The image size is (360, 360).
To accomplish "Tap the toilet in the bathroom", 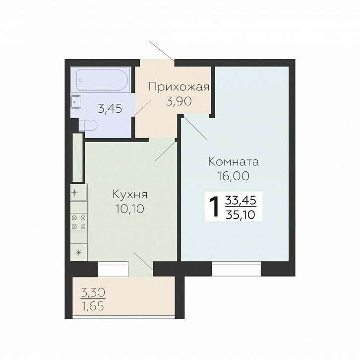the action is pos(88,125).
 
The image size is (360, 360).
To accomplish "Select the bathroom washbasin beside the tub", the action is pos(76,102).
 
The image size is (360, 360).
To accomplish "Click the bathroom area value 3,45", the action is pos(110,109).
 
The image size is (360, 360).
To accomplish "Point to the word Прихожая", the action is pos(179,87).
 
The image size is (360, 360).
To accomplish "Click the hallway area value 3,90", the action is pos(179,101).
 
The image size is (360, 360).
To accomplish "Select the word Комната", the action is pos(234,161).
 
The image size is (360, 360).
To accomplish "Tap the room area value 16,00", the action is pos(233,176).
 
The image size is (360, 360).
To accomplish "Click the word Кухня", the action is pos(130,195).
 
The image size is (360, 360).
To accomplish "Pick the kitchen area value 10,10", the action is pos(130,209).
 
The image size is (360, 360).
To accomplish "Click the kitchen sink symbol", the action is pos(79,193).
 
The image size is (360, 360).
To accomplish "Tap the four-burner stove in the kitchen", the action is pos(79,222).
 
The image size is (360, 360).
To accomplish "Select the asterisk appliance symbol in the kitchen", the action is pos(78,253).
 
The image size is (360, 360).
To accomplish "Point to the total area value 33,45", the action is pos(240,200).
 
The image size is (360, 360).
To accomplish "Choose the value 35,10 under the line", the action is pos(240,215).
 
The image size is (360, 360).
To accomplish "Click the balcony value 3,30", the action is pos(93,292).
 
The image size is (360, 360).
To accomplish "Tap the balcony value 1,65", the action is pos(93,306).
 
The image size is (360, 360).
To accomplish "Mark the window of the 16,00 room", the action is pos(236,269).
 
